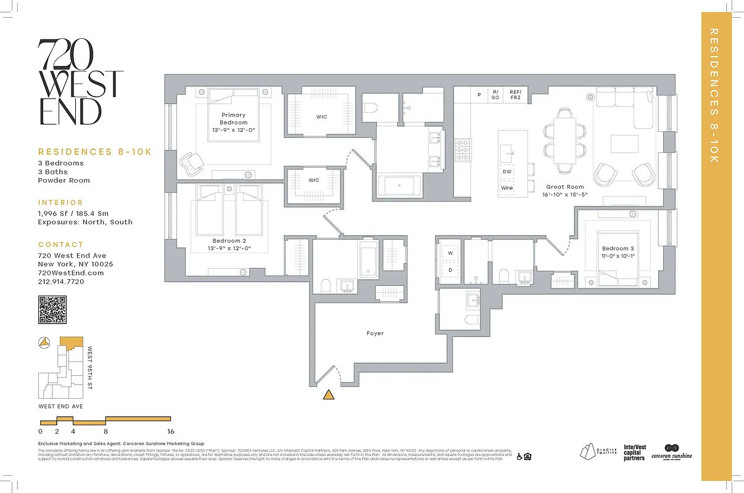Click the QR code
(x=52, y=309)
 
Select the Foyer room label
(x=375, y=333)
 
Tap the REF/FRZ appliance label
(x=515, y=95)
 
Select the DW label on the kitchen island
(x=506, y=172)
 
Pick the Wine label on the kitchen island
(x=506, y=188)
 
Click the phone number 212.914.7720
(x=60, y=282)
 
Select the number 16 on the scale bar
(x=171, y=431)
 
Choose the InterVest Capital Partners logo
(x=635, y=452)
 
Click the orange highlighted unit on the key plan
(x=71, y=343)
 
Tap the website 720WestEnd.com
(x=71, y=273)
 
